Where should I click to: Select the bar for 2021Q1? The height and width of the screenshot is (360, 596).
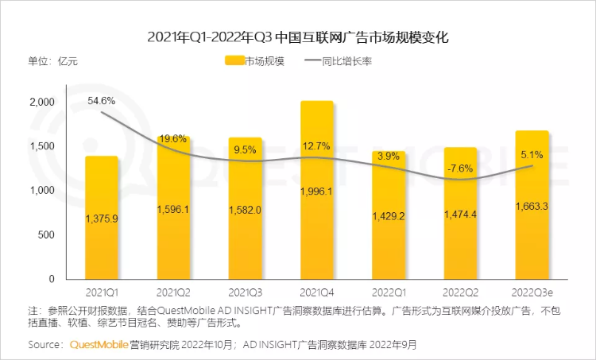pyautogui.click(x=101, y=218)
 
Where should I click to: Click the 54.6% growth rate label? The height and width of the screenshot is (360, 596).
pyautogui.click(x=102, y=101)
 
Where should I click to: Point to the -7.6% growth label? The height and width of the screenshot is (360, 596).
pyautogui.click(x=459, y=168)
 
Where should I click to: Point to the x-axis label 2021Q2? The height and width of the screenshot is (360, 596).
pyautogui.click(x=172, y=292)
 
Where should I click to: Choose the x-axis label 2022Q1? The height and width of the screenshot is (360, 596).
pyautogui.click(x=388, y=292)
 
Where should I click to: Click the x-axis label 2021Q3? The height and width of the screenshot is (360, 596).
pyautogui.click(x=245, y=292)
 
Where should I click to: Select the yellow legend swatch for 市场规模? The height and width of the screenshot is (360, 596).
pyautogui.click(x=234, y=60)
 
